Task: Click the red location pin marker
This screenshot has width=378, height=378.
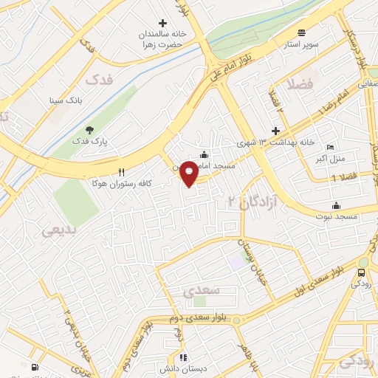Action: [x=189, y=173]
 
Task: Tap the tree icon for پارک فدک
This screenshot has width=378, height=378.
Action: [x=89, y=129]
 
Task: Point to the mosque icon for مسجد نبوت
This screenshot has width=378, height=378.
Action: [x=337, y=205]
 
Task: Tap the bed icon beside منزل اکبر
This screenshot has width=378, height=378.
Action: [x=329, y=146]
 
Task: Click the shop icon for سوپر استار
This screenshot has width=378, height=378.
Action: [x=301, y=32]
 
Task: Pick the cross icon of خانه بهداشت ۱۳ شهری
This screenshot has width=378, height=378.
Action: [x=275, y=131]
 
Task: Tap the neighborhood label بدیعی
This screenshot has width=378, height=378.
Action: [x=58, y=230]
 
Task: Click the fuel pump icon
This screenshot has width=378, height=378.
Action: [x=34, y=367]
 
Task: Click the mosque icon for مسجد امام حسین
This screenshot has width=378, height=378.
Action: [x=204, y=154]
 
